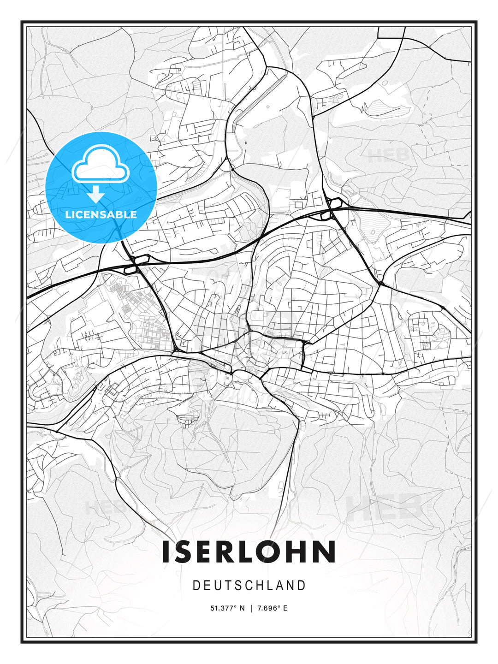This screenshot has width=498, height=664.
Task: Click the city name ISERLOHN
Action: tap(249, 552)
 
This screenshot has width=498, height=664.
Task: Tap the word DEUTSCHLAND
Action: tap(249, 586)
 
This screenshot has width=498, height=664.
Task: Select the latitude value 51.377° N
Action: tap(228, 608)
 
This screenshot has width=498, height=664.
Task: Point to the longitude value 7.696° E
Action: tap(273, 608)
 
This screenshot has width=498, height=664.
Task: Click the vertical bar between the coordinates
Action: tap(251, 608)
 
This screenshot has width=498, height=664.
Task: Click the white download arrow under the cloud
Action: tap(96, 194)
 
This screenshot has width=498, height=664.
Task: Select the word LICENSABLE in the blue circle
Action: tap(101, 214)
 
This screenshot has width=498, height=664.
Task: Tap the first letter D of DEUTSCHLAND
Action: tap(196, 586)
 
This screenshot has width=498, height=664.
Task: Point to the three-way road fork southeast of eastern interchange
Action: tap(379, 283)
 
